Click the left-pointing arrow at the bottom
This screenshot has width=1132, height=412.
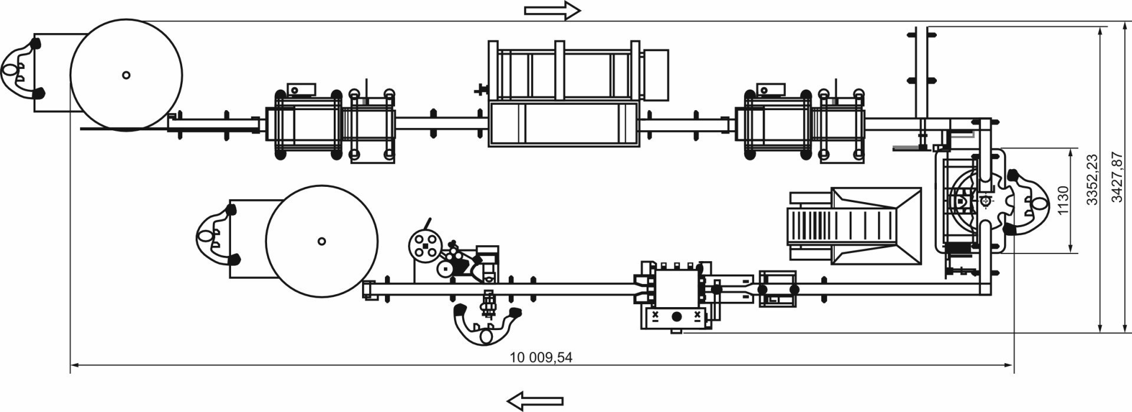click(x=535, y=401)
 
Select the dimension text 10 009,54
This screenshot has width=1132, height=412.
click(x=541, y=357)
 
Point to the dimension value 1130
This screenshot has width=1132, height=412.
click(x=1063, y=200)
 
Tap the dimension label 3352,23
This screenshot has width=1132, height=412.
click(x=1091, y=179)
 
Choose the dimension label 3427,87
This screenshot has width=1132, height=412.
click(x=1116, y=177)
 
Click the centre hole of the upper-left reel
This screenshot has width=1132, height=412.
click(x=126, y=75)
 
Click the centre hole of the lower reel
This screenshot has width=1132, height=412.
click(x=321, y=240)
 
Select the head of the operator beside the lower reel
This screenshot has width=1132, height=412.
click(x=204, y=236)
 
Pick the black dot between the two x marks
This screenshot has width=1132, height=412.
click(x=676, y=317)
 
